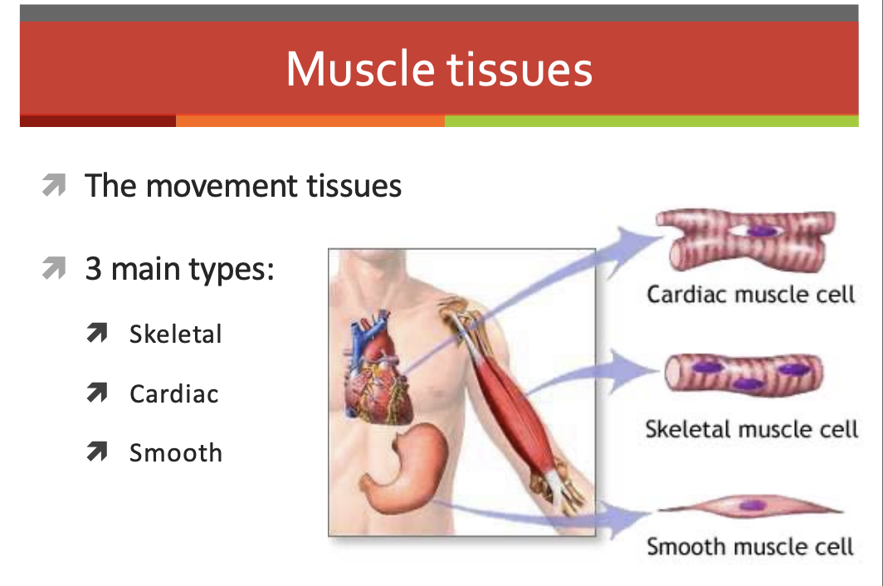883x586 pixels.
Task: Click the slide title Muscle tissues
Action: coord(439,69)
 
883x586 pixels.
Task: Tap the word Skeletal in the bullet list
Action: coord(176,335)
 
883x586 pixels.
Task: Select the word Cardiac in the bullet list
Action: coord(174,394)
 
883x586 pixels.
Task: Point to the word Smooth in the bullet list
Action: coord(176,453)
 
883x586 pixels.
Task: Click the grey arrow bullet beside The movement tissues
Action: coord(54,185)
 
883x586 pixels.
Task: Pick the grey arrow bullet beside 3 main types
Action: coord(54,267)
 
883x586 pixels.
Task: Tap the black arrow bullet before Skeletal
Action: coord(97,333)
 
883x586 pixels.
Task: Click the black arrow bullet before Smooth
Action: coord(97,452)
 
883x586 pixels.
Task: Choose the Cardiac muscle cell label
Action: coord(751,294)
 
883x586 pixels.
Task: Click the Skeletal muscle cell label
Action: coord(751,429)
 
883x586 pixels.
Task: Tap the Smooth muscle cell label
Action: coord(750,546)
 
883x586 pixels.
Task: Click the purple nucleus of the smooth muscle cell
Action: coord(752,505)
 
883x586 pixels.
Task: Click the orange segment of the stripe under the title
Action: coord(310,120)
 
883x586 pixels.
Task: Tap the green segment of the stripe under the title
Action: coord(651,120)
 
